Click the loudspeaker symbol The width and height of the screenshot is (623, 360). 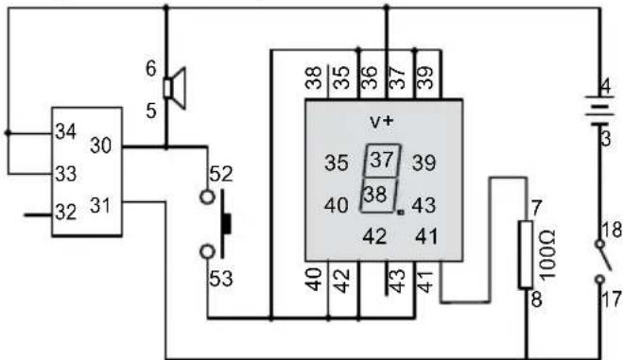[x=175, y=88]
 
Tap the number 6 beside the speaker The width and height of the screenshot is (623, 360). [x=151, y=69]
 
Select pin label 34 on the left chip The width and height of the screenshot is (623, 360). [x=65, y=131]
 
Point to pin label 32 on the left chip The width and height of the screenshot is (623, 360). [x=65, y=212]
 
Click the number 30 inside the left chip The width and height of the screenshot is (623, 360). [x=101, y=146]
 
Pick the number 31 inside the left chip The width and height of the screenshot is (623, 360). [x=99, y=206]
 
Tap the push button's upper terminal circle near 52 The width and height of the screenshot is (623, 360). [x=207, y=197]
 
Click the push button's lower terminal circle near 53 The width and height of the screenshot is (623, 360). [x=207, y=251]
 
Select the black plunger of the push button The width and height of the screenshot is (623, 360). [x=226, y=224]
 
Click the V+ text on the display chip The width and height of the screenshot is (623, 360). [x=381, y=122]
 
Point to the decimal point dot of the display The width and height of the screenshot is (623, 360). [x=401, y=213]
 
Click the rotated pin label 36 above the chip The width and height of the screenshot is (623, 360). [x=369, y=77]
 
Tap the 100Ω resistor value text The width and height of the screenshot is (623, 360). [x=548, y=254]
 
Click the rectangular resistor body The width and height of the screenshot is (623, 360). [x=526, y=254]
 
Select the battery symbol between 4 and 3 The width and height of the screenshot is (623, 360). [x=600, y=111]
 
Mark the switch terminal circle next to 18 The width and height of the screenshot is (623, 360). [x=600, y=244]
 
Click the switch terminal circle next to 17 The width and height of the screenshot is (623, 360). [x=600, y=280]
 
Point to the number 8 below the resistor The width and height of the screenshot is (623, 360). [x=536, y=300]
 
